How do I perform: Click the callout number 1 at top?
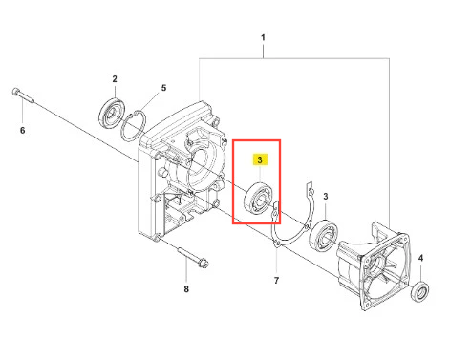263,37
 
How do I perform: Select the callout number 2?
115,78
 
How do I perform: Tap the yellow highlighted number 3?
260,159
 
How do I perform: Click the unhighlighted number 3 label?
325,197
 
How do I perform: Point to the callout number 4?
420,258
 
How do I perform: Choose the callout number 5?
163,88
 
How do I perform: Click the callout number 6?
22,130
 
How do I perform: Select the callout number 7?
276,281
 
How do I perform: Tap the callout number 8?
186,289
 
